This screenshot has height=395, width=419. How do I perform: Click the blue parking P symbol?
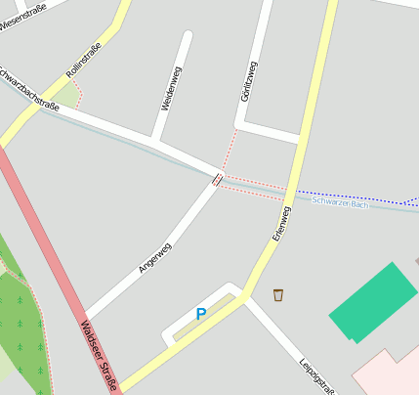[x=201, y=314]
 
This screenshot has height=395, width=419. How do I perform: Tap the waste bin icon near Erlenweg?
[x=278, y=293]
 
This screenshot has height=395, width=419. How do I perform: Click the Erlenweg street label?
[x=281, y=224]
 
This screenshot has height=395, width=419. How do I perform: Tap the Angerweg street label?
[x=155, y=257]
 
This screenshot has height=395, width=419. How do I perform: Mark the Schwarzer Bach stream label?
[x=340, y=202]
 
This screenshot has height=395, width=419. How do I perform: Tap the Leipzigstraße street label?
[x=316, y=374]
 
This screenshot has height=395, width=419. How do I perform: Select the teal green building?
[x=371, y=301]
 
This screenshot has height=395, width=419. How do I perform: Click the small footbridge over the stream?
[x=217, y=179]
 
